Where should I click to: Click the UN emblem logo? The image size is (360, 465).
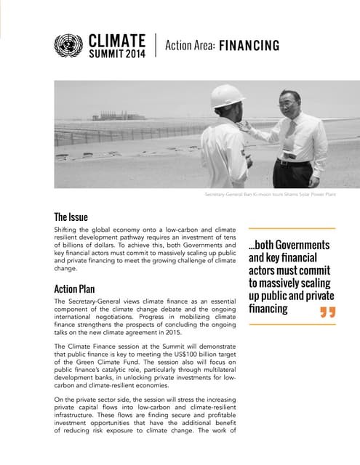pyautogui.click(x=68, y=46)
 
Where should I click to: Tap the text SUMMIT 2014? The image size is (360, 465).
pyautogui.click(x=116, y=53)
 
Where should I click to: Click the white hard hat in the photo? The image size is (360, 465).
pyautogui.click(x=228, y=95)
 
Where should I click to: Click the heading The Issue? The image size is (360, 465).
pyautogui.click(x=71, y=217)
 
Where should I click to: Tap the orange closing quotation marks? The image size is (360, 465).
pyautogui.click(x=327, y=312)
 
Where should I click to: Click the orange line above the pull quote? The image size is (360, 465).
pyautogui.click(x=292, y=227)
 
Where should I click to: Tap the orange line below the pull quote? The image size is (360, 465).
pyautogui.click(x=292, y=325)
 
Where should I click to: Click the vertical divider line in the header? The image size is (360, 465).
pyautogui.click(x=156, y=46)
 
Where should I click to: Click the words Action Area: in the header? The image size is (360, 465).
pyautogui.click(x=190, y=46)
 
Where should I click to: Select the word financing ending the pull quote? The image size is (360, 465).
pyautogui.click(x=268, y=310)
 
